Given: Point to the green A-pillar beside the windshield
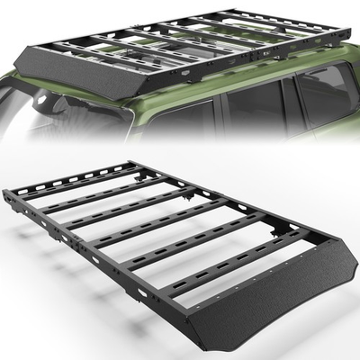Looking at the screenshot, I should coord(108,112).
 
